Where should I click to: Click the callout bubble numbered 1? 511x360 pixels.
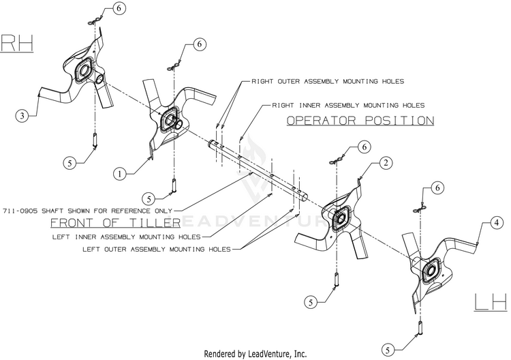(120, 174)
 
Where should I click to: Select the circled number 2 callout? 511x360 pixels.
(386, 163)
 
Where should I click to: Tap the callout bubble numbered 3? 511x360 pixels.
(22, 115)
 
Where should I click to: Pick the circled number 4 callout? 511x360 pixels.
(496, 223)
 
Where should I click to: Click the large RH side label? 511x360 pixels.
(17, 43)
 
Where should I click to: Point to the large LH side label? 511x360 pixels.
(491, 301)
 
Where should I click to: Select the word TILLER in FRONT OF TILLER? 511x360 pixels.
(155, 223)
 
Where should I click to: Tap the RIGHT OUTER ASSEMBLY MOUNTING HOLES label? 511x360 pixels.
(328, 81)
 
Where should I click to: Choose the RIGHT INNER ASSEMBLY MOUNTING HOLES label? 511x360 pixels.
(348, 105)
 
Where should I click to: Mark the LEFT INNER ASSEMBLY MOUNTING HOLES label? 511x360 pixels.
(127, 237)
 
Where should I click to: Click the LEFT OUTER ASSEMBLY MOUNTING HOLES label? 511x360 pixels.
(157, 249)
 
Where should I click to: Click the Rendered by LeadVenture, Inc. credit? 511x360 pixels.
(255, 353)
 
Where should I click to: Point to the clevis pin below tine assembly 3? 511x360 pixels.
(95, 140)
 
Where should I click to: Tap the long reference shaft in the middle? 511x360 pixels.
(258, 170)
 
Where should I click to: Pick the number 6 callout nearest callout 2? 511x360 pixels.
(364, 147)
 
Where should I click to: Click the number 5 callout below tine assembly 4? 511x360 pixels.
(388, 350)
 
